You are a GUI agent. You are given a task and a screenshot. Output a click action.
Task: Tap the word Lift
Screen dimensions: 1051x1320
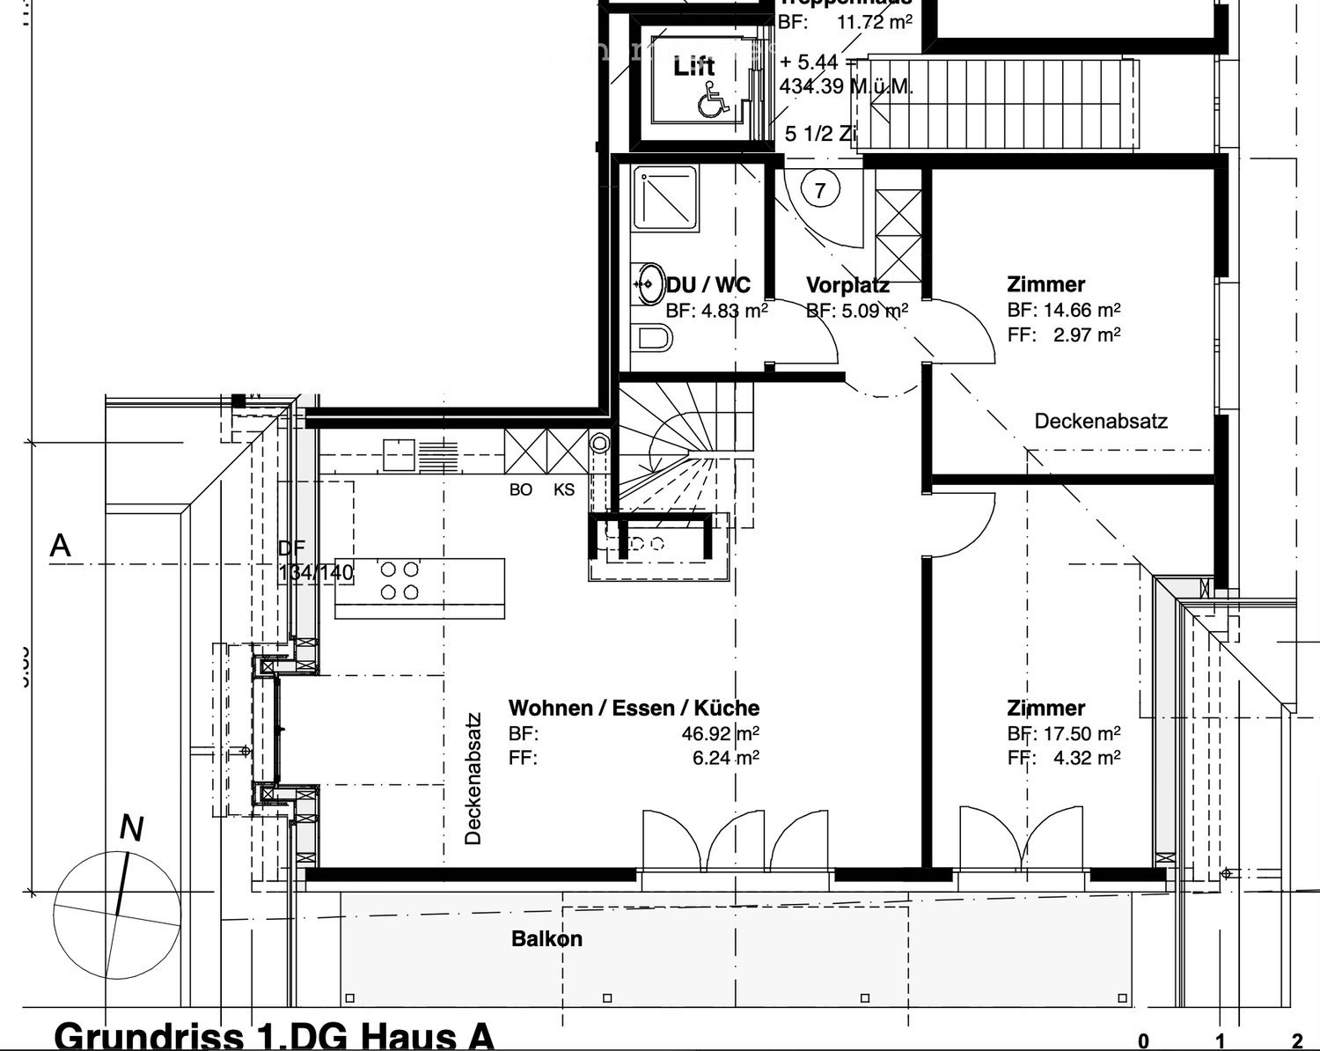pos(694,66)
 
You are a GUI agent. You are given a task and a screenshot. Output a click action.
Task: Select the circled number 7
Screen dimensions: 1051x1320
pos(820,190)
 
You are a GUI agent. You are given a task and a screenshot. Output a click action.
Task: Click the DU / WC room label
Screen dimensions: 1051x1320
pos(708,285)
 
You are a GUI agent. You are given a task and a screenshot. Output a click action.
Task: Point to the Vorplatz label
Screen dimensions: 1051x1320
pos(847,285)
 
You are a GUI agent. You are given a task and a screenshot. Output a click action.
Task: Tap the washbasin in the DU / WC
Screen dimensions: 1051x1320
pos(649,283)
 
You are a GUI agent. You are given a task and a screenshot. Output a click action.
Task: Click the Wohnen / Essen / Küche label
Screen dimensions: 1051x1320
pos(634,708)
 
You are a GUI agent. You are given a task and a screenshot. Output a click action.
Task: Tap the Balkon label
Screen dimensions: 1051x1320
pos(546,939)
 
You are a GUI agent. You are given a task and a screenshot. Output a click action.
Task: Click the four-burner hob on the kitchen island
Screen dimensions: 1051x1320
pos(400,581)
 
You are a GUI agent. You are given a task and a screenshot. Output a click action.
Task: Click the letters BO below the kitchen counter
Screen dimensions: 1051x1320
pos(521,489)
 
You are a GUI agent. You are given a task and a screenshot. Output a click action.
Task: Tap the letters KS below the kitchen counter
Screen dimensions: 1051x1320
pos(564,489)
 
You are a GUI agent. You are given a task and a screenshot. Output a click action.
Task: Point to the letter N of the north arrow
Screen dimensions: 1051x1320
pos(131,828)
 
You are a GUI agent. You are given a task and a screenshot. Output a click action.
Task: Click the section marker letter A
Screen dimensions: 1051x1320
pos(60,547)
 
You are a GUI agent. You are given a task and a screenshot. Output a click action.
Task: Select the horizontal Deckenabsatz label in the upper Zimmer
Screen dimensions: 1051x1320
pos(1101,421)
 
